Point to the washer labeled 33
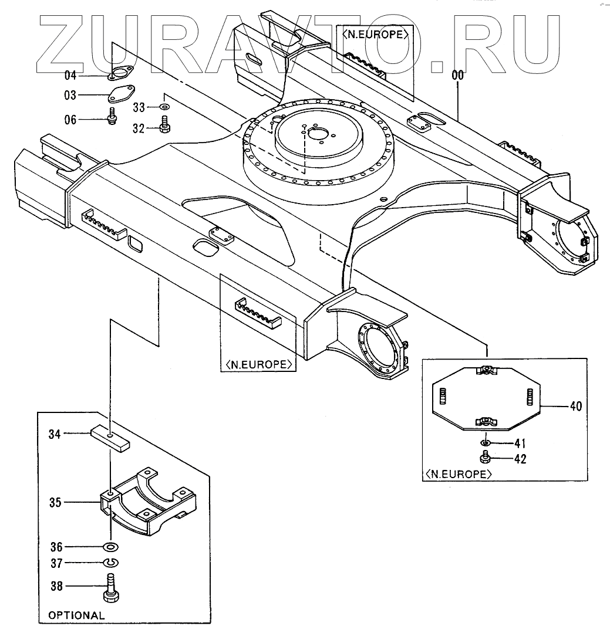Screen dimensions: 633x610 [164, 107]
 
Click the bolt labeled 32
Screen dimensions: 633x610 [164, 123]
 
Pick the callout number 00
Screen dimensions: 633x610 [457, 75]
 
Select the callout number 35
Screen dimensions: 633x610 [55, 502]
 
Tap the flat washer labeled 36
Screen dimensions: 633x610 [110, 547]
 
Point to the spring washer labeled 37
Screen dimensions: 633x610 [110, 563]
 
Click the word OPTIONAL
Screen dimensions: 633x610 [76, 615]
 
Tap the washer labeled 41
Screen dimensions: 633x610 [487, 442]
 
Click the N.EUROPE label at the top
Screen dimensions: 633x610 [374, 34]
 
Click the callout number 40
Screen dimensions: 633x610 [576, 406]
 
